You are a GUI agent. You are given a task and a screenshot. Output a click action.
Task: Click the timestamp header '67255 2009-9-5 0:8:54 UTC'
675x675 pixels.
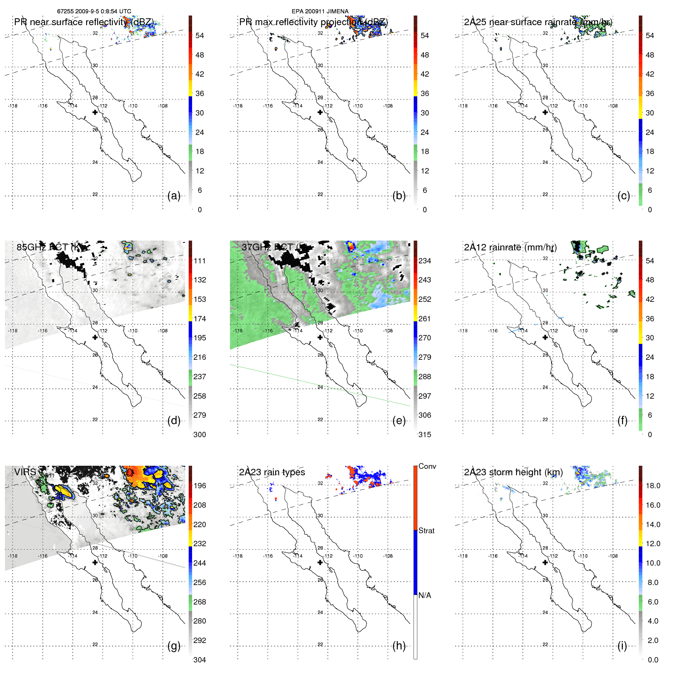click(x=94, y=11)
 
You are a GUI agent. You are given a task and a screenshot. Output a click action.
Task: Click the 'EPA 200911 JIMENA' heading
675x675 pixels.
click(x=320, y=11)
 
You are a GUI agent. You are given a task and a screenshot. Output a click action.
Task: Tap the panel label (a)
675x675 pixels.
click(x=174, y=196)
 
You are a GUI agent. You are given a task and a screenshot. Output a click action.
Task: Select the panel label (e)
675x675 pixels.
click(x=399, y=421)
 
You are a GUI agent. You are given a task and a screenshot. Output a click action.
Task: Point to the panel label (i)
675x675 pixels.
click(x=622, y=646)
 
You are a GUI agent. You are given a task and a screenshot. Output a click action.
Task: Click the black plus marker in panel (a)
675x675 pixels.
click(x=95, y=112)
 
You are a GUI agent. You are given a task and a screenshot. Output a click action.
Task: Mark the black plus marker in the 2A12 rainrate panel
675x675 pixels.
click(x=545, y=337)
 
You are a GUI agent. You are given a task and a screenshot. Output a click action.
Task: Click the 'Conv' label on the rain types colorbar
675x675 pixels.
click(x=427, y=466)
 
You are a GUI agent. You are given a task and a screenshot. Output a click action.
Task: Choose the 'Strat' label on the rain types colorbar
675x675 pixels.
click(x=426, y=531)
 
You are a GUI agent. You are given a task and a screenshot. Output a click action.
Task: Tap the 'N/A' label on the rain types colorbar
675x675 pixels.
click(x=425, y=595)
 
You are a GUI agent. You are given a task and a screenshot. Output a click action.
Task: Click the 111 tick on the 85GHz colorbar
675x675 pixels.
click(x=199, y=261)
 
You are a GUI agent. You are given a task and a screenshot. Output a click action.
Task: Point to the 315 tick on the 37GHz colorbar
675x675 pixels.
click(x=425, y=435)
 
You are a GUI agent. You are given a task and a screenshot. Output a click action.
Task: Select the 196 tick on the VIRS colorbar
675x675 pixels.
click(x=199, y=486)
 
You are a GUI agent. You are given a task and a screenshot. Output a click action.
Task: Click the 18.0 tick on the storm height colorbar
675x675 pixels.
click(x=653, y=486)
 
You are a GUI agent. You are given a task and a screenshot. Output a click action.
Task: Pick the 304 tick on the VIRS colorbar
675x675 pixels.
click(x=199, y=660)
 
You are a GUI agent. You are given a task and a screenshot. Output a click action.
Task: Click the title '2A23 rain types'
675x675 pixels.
click(x=272, y=472)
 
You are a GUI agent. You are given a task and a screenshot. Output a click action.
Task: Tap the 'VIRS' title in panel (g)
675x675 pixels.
click(x=25, y=472)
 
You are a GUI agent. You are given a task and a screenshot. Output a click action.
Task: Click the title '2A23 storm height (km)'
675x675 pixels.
click(x=513, y=472)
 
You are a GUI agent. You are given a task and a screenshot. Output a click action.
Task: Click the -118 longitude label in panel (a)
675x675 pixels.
click(x=13, y=106)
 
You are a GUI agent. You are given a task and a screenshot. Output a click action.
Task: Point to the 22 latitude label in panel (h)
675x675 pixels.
click(x=320, y=645)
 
